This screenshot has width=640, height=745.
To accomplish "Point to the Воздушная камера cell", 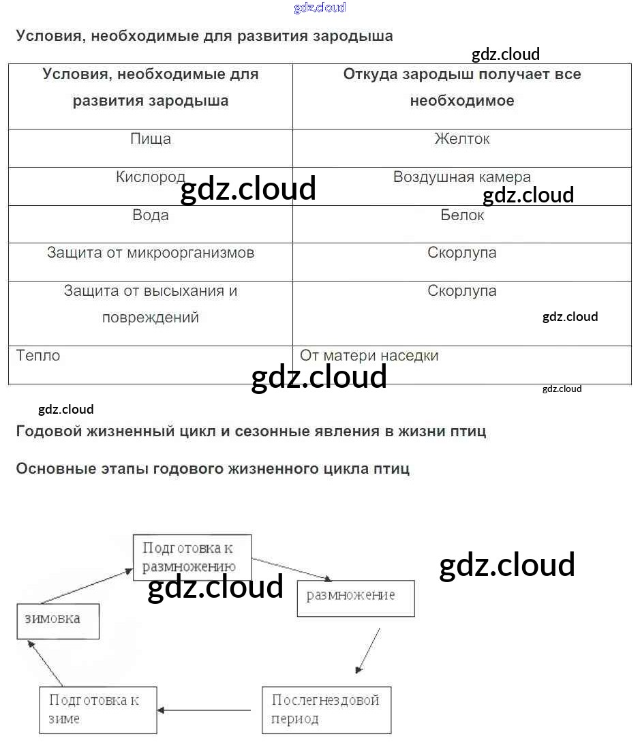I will tap(462, 178).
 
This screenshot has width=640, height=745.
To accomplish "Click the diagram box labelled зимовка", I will tap(58, 620).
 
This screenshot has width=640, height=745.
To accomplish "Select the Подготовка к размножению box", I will tap(192, 557).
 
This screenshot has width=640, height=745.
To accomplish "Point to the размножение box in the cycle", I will tap(356, 598).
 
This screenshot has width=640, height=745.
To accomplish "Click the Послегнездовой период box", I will tap(326, 710).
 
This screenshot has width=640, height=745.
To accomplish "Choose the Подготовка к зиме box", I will tap(98, 710).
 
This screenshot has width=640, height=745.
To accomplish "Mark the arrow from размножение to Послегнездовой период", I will tap(368, 650).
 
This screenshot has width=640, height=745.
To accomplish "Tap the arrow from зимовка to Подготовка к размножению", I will tap(85, 586).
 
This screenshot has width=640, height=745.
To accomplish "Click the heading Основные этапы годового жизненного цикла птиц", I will tap(213, 469).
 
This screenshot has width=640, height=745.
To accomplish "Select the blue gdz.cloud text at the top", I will tap(320, 7).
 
